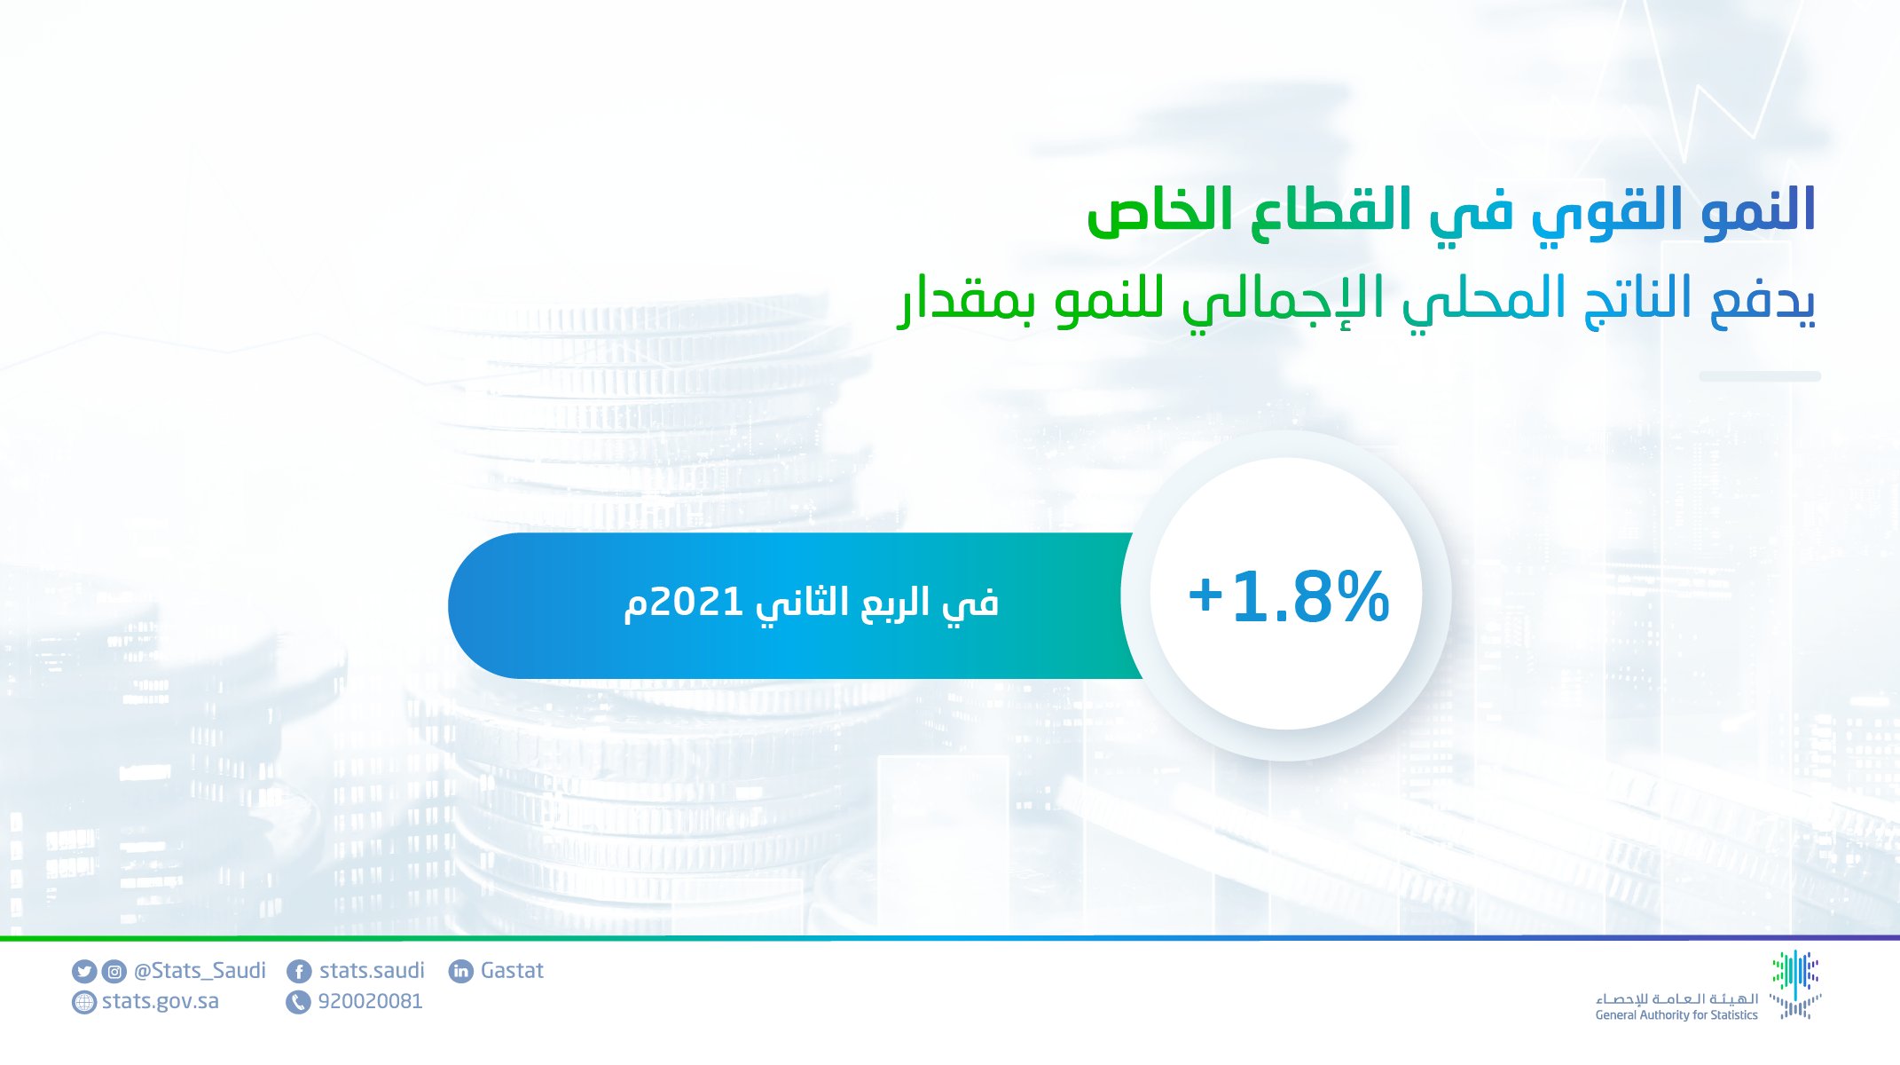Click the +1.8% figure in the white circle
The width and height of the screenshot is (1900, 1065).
click(x=1288, y=596)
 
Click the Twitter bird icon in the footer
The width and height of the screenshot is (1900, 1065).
click(x=84, y=972)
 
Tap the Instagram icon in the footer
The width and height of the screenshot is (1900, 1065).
click(x=114, y=972)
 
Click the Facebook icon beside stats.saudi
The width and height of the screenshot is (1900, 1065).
click(x=299, y=972)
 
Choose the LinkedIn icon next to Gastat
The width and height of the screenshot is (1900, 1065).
click(x=461, y=972)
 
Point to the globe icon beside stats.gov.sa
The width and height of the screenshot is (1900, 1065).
click(x=84, y=1003)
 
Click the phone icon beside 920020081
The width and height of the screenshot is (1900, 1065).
click(x=298, y=1003)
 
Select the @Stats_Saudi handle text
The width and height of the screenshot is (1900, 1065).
click(x=200, y=971)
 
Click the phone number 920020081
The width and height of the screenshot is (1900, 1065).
click(x=370, y=1002)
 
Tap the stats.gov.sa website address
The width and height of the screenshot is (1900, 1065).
click(x=161, y=1002)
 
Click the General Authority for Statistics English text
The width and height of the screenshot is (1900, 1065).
click(x=1676, y=1015)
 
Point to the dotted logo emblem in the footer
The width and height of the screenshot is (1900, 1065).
click(x=1795, y=984)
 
